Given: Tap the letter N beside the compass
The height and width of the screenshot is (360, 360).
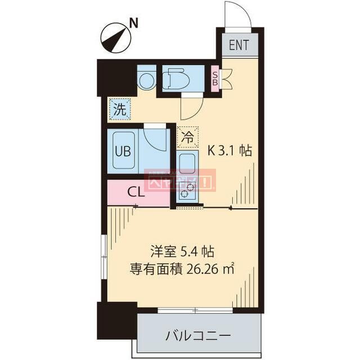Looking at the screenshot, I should coord(134,23).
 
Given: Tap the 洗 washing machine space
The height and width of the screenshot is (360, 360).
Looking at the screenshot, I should coord(119,110).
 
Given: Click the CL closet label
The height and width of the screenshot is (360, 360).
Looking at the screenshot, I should coord(136,191).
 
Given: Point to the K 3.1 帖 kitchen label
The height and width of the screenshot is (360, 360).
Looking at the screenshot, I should coord(230,150).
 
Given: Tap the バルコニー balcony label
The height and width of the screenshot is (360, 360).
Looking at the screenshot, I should coord(197,336).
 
